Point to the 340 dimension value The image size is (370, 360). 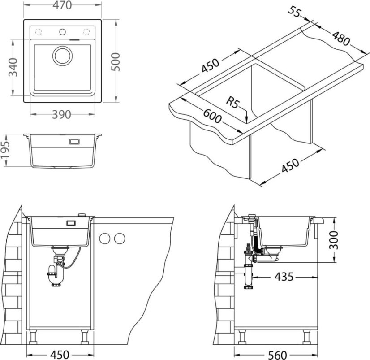point(13,67)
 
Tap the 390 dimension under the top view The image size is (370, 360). point(61,115)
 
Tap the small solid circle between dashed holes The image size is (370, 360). point(62,32)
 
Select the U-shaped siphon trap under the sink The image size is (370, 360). point(55,274)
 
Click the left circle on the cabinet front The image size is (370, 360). point(105,239)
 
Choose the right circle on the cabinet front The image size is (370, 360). point(120,239)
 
